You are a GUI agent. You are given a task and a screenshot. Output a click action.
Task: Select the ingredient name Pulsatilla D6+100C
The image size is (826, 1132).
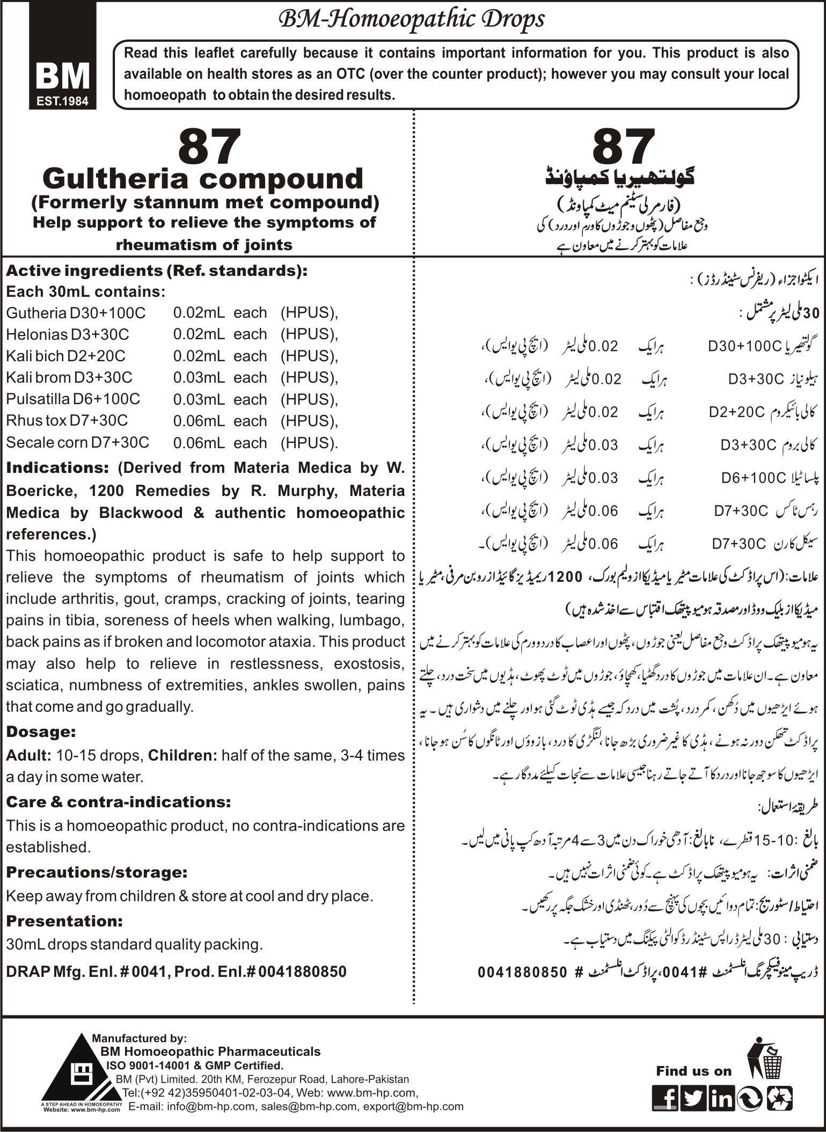[x=73, y=399]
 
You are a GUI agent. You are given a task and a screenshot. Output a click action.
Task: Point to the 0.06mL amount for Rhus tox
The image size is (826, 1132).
[x=199, y=421]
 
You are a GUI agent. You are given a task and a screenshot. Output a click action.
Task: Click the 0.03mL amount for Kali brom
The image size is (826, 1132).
[x=199, y=378]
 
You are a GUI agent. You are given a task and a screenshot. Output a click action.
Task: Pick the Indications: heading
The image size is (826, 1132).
[x=57, y=468]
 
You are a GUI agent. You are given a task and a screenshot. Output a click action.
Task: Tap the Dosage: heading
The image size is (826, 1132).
[x=41, y=732]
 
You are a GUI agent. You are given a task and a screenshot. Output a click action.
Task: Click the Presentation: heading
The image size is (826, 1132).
[x=64, y=921]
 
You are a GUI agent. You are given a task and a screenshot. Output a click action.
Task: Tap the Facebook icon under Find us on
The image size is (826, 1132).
[x=665, y=1097]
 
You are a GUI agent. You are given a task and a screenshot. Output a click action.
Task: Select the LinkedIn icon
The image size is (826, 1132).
[x=721, y=1097]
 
